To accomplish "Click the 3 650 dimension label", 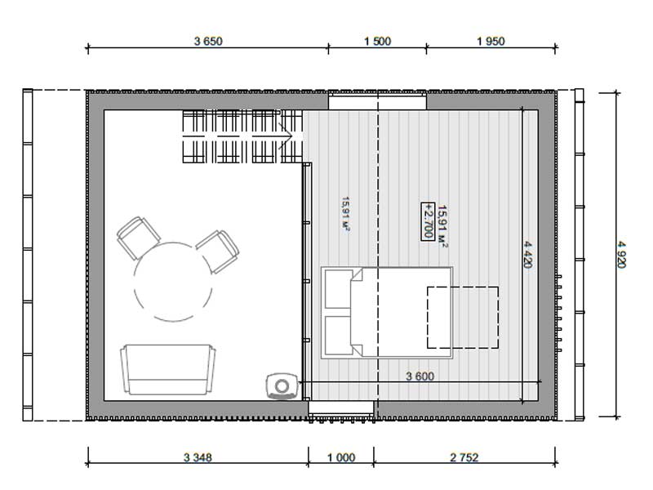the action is coord(208,42).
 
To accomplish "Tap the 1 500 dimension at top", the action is coord(377,42).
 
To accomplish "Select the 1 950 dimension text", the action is coord(491,42).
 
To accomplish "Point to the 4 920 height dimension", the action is coord(621,255).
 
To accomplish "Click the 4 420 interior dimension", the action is coord(527,254).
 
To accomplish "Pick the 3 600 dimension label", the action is coord(420,376).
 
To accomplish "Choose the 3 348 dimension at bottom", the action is coord(198,457).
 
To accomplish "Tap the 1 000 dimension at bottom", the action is coord(341,457).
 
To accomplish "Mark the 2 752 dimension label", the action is coord(464,457).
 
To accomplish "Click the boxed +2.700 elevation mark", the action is coord(428,221).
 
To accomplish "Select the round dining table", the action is coord(173,282).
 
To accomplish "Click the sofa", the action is coord(168,370).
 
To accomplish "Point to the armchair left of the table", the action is coord(138,238).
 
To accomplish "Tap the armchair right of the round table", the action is coord(217,252).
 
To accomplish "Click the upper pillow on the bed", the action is coord(338,289).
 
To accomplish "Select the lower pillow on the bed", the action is coord(338,335).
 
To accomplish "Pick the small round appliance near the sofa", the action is coord(282,386).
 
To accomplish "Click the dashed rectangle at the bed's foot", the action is coord(463,318).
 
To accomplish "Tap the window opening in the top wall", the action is coord(377,102).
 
